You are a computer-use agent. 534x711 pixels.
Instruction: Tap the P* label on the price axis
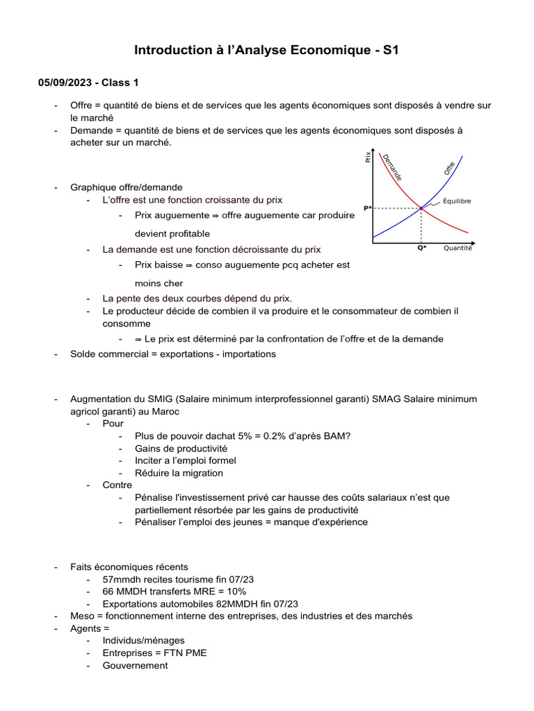coord(367,208)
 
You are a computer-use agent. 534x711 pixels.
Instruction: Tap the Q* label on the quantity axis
coord(421,248)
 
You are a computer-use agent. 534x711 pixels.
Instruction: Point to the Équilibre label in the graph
coord(457,201)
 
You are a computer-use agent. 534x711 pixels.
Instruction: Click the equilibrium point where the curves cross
coord(421,208)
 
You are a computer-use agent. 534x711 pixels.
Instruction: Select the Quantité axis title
coord(458,248)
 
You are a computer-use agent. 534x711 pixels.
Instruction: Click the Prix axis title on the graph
coord(368,158)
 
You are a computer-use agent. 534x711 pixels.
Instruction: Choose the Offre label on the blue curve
coord(449,168)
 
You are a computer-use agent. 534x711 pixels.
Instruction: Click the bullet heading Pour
coord(113,423)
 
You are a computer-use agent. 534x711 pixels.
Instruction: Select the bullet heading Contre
coord(117,485)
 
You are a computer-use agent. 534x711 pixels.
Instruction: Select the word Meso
coord(82,616)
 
